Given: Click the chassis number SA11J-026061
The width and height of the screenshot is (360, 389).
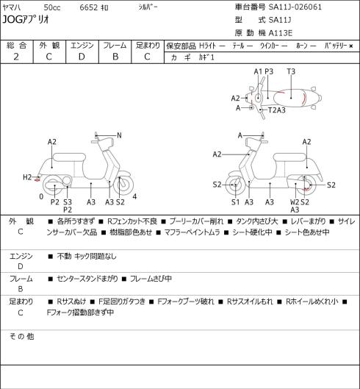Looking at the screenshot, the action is pyautogui.click(x=295, y=7).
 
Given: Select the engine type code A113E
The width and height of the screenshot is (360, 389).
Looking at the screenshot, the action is pyautogui.click(x=281, y=33).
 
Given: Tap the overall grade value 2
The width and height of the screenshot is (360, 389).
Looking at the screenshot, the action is pyautogui.click(x=16, y=57).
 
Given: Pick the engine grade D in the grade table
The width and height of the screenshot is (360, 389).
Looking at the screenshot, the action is pyautogui.click(x=82, y=57).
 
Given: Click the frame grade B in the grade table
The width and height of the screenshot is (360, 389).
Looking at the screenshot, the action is pyautogui.click(x=115, y=57).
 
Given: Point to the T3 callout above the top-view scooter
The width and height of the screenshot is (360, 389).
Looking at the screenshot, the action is pyautogui.click(x=291, y=72).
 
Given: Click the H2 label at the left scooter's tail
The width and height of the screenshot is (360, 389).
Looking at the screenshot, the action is pyautogui.click(x=27, y=177).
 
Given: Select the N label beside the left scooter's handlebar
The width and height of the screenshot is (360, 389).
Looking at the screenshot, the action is pyautogui.click(x=119, y=135).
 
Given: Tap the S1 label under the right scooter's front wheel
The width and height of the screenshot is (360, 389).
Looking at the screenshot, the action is pyautogui.click(x=236, y=202).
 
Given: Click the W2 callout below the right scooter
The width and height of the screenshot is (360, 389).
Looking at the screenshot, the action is pyautogui.click(x=295, y=202).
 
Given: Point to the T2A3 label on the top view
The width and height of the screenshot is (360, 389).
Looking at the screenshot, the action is pyautogui.click(x=277, y=110).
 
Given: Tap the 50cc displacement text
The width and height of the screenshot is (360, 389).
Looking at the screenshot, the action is pyautogui.click(x=52, y=7).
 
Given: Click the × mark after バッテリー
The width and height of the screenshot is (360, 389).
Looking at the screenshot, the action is pyautogui.click(x=351, y=46).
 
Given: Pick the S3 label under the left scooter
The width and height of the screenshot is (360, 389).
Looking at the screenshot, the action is pyautogui.click(x=68, y=202).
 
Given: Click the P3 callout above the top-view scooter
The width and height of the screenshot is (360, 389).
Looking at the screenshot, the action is pyautogui.click(x=269, y=72).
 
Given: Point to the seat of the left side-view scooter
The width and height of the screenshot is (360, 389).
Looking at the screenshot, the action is pyautogui.click(x=69, y=158).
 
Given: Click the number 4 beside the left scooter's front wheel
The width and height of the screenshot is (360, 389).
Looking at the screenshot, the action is pyautogui.click(x=134, y=197).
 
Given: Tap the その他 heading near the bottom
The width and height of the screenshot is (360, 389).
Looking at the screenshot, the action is pyautogui.click(x=21, y=337).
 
